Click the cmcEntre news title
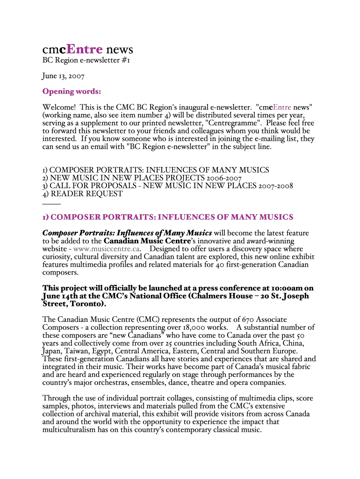[x=88, y=50]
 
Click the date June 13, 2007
[x=63, y=75]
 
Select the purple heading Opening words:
[x=72, y=91]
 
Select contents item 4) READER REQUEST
[x=82, y=194]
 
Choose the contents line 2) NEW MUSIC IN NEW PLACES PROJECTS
[x=142, y=178]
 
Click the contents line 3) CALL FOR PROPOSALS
[x=167, y=186]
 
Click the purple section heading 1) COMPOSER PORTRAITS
[x=168, y=217]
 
